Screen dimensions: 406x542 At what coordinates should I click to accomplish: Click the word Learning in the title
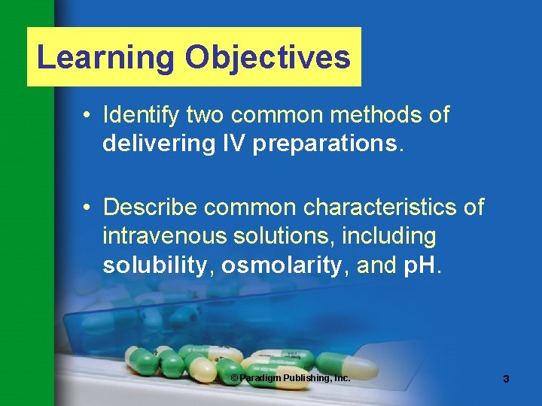[x=106, y=58]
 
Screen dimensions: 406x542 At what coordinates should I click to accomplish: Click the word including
[x=388, y=237]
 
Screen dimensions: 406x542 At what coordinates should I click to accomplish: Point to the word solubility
[x=155, y=265]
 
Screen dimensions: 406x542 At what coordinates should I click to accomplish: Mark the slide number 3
[x=506, y=379]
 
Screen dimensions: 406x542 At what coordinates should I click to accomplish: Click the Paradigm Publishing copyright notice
[x=290, y=377]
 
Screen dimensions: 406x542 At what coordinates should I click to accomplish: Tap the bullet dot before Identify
[x=88, y=116]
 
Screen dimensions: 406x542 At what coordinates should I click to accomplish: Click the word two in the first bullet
[x=205, y=115]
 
